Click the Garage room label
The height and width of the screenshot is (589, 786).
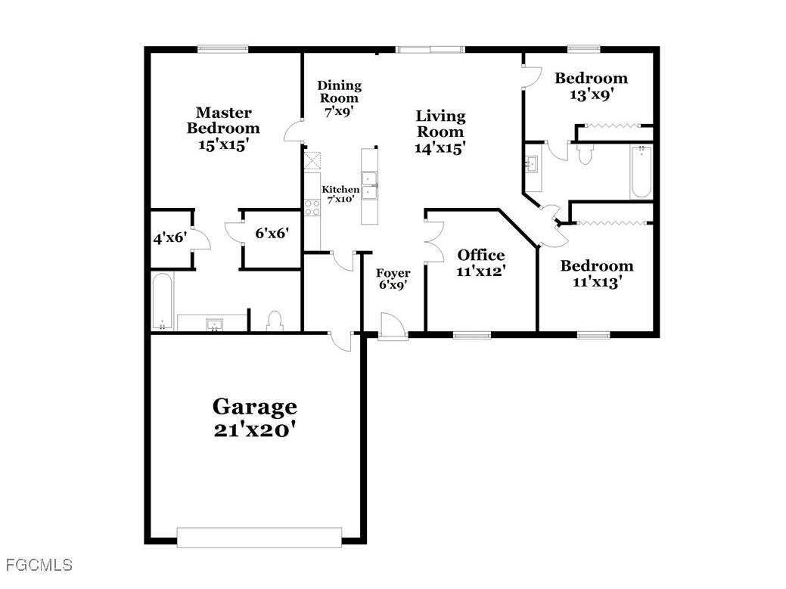click(253, 418)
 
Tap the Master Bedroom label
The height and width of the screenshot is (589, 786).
click(223, 129)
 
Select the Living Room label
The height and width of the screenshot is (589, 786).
click(440, 132)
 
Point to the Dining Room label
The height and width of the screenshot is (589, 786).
click(338, 98)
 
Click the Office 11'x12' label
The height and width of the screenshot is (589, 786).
click(481, 262)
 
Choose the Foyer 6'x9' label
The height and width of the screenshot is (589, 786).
click(393, 279)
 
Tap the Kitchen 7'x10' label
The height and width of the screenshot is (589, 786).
click(341, 194)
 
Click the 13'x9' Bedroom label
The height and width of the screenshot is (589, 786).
click(591, 86)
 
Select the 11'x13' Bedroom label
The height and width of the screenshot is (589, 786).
click(596, 274)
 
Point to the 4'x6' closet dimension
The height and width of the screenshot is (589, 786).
click(169, 238)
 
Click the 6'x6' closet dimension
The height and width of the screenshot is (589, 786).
click(271, 234)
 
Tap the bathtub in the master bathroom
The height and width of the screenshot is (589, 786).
click(163, 302)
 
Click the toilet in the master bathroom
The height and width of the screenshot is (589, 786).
click(275, 321)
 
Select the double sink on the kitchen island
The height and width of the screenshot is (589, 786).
click(370, 186)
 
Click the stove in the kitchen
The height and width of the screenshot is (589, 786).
click(312, 206)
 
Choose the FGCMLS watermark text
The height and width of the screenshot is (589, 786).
click(39, 565)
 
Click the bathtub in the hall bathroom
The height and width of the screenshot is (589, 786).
click(641, 172)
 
